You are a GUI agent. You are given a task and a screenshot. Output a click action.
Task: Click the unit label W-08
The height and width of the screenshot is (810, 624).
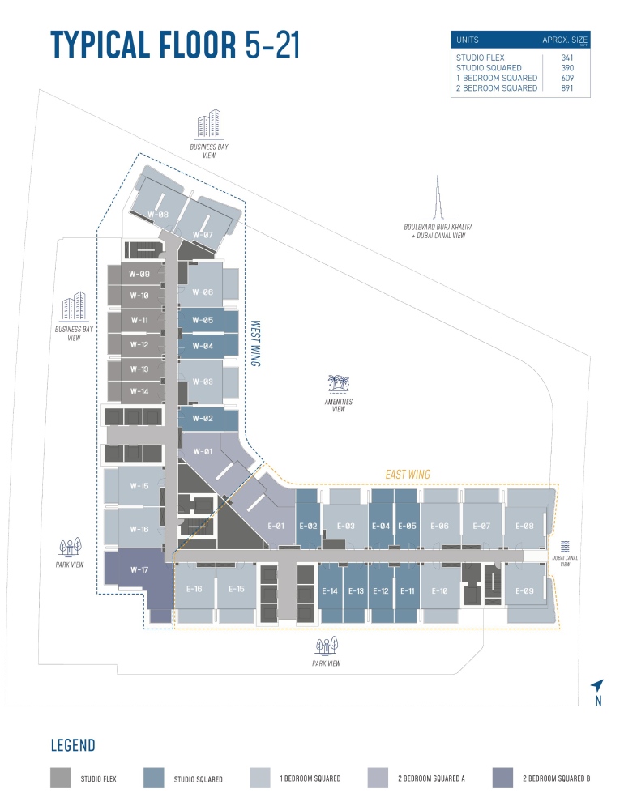pyautogui.click(x=158, y=215)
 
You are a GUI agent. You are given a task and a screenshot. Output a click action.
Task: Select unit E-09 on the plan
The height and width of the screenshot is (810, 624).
pyautogui.click(x=524, y=591)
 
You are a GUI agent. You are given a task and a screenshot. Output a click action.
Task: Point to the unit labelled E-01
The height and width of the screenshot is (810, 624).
pyautogui.click(x=276, y=526)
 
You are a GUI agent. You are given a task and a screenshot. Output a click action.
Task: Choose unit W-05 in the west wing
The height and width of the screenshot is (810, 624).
pyautogui.click(x=203, y=320)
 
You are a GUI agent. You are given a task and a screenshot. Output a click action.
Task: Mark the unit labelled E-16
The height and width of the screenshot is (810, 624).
pyautogui.click(x=194, y=589)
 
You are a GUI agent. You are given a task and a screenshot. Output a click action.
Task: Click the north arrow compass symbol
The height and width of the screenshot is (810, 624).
pyautogui.click(x=597, y=685)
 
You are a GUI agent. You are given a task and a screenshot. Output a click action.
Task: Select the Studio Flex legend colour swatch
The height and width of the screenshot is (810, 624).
pyautogui.click(x=61, y=778)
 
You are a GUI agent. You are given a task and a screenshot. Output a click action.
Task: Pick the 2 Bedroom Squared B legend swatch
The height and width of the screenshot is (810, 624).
pyautogui.click(x=502, y=778)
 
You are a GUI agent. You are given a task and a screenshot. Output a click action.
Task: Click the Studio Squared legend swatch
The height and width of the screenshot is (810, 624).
pyautogui.click(x=153, y=778)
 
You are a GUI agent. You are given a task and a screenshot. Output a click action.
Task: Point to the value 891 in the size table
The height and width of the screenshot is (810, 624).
pyautogui.click(x=567, y=87)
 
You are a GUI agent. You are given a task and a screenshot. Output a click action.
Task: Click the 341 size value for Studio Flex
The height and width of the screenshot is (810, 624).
pyautogui.click(x=567, y=58)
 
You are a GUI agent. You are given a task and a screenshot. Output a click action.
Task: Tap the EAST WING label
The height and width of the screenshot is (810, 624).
pyautogui.click(x=408, y=474)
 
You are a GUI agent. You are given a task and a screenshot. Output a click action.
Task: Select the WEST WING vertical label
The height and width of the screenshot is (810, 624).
pyautogui.click(x=255, y=343)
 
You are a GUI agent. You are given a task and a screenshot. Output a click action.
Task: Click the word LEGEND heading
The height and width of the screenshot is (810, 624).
pyautogui.click(x=73, y=745)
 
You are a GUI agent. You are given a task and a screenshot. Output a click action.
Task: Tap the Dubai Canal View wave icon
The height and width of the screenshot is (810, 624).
pyautogui.click(x=565, y=547)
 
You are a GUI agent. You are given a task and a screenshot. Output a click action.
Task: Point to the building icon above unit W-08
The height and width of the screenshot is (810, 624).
pyautogui.click(x=209, y=125)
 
